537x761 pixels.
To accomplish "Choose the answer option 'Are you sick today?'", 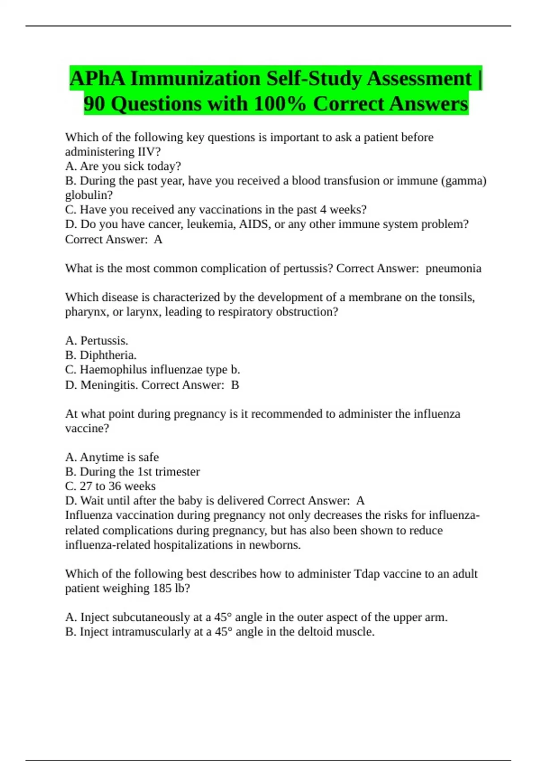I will pyautogui.click(x=130, y=166).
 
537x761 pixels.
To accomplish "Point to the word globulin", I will pyautogui.click(x=89, y=195).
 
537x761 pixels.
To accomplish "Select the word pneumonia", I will pyautogui.click(x=453, y=268).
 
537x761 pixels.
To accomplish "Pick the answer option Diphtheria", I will pyautogui.click(x=108, y=355).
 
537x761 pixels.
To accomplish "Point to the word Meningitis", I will pyautogui.click(x=109, y=385).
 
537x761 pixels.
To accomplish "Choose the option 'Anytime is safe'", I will pyautogui.click(x=119, y=457).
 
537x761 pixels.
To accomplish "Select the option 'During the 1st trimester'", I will pyautogui.click(x=140, y=471).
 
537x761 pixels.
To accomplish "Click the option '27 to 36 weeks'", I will pyautogui.click(x=117, y=486).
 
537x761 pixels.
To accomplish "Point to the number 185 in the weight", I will pyautogui.click(x=162, y=588).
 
